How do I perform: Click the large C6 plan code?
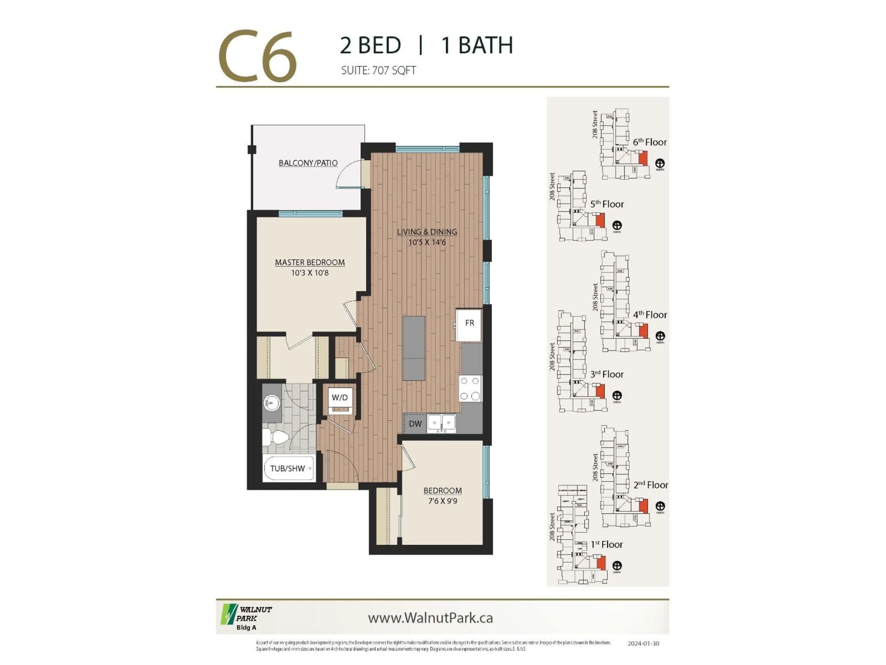257,56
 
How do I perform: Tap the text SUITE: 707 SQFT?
378,71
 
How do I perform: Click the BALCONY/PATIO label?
308,163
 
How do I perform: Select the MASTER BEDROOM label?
310,263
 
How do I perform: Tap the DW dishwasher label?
415,424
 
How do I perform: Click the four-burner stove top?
470,388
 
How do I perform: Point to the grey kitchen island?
414,348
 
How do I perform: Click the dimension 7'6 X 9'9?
442,501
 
